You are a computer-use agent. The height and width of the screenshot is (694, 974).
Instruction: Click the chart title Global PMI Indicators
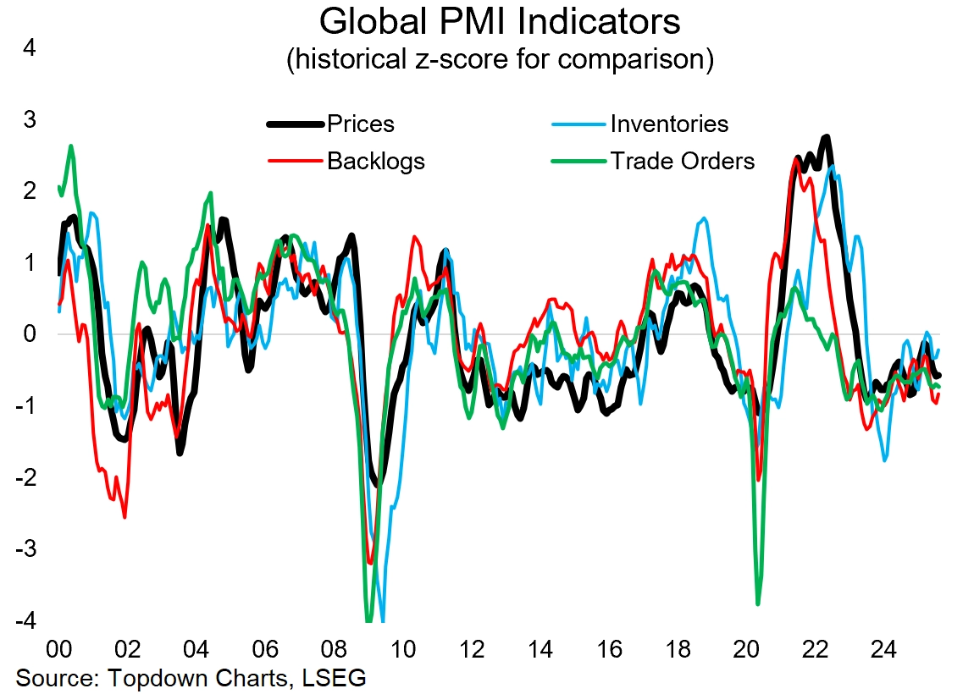click(x=500, y=21)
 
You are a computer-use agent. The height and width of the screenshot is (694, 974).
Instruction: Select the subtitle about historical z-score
click(x=500, y=59)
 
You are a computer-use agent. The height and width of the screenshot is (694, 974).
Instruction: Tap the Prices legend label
click(x=361, y=124)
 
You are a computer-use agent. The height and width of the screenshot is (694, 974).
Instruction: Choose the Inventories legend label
click(x=669, y=124)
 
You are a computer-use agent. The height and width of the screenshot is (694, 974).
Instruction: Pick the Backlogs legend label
click(x=376, y=161)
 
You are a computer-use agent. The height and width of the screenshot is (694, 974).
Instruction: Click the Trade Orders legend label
click(x=683, y=161)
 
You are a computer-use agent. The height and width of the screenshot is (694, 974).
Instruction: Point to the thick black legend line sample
click(x=296, y=124)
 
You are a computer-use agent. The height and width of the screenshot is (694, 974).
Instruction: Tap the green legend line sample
click(x=578, y=161)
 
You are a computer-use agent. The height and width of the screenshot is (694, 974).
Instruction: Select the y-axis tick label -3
click(x=25, y=550)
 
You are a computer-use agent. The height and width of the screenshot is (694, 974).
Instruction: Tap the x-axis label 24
click(x=883, y=650)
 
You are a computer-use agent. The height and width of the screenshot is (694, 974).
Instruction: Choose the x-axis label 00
click(x=58, y=650)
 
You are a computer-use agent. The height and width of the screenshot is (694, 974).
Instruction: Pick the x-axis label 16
click(x=609, y=650)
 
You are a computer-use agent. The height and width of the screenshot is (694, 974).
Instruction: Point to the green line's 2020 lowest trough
click(x=758, y=603)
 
